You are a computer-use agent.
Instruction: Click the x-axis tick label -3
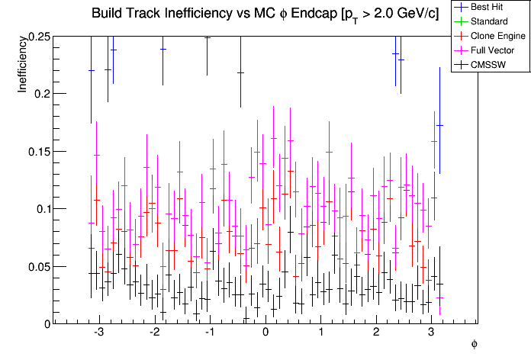tap(98, 333)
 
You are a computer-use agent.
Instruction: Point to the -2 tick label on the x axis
tap(153, 333)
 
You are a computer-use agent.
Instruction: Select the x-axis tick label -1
tap(208, 333)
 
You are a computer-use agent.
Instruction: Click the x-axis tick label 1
tap(320, 333)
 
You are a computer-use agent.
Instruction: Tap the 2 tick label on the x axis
tap(376, 333)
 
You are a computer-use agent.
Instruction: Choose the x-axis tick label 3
tap(432, 333)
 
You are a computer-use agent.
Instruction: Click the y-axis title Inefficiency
tap(22, 66)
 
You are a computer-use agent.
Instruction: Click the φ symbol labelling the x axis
tap(474, 345)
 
